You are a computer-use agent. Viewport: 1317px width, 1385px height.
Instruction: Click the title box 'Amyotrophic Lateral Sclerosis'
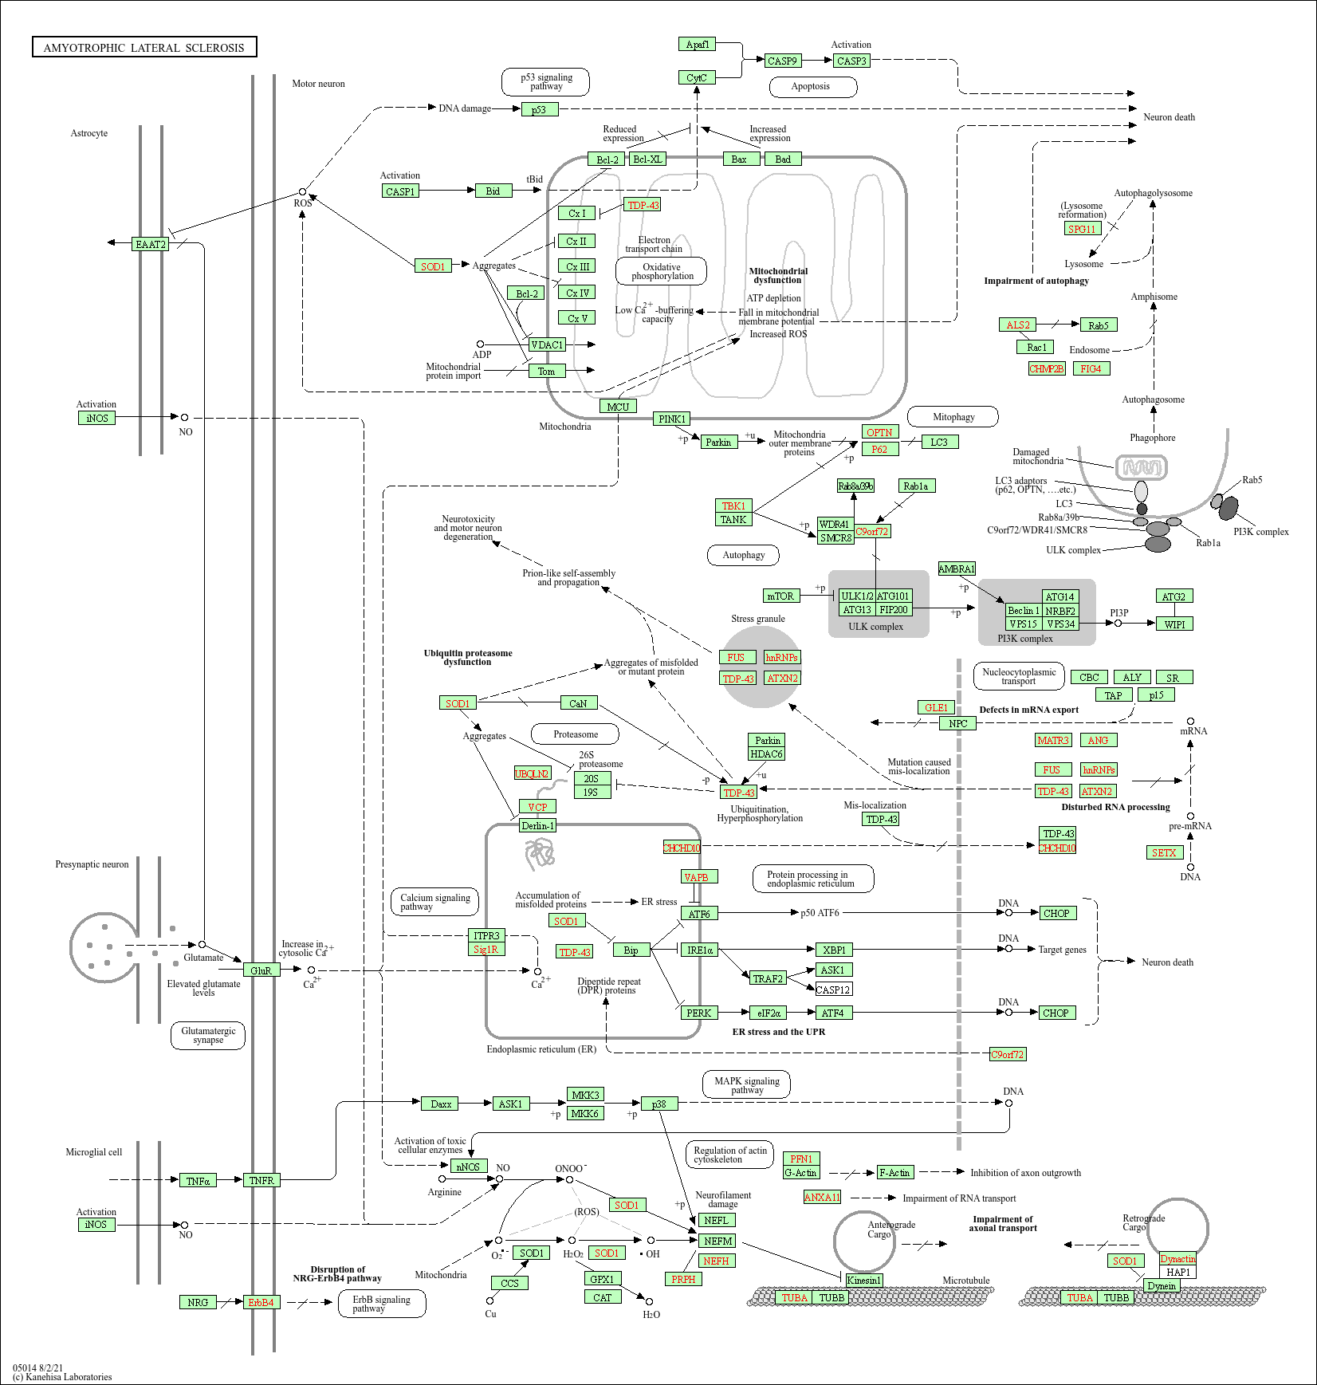point(144,48)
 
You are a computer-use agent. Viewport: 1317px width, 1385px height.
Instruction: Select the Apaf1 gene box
point(698,45)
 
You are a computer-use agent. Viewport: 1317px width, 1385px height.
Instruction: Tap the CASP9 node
point(782,61)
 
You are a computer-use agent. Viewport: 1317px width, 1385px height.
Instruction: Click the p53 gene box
point(539,109)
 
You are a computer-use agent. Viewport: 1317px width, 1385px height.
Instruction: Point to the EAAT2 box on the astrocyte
point(150,244)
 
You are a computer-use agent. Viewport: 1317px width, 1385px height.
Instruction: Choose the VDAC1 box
point(547,344)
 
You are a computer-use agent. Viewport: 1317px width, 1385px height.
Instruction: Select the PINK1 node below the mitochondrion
point(671,419)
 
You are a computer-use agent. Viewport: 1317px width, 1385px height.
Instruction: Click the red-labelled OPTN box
point(879,432)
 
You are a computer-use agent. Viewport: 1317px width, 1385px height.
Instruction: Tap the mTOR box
point(780,596)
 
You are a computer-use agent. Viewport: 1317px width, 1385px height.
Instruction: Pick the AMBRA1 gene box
point(957,569)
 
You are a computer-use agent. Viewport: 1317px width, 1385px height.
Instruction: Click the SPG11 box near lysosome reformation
point(1082,229)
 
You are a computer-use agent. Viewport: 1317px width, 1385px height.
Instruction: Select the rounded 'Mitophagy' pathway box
point(953,416)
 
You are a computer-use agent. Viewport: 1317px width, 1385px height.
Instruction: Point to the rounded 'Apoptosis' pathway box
point(812,86)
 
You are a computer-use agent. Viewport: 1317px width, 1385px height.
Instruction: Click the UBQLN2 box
point(532,773)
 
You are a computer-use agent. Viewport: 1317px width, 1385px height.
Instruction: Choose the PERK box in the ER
point(698,1013)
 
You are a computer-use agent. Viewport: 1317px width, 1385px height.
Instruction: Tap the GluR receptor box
point(261,970)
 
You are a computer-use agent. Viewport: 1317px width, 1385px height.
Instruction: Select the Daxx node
point(441,1104)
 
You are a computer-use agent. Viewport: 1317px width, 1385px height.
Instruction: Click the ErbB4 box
point(261,1302)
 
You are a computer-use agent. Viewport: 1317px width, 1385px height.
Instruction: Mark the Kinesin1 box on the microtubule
point(863,1280)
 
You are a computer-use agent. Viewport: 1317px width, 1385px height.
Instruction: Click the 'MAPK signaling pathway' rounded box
point(747,1085)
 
